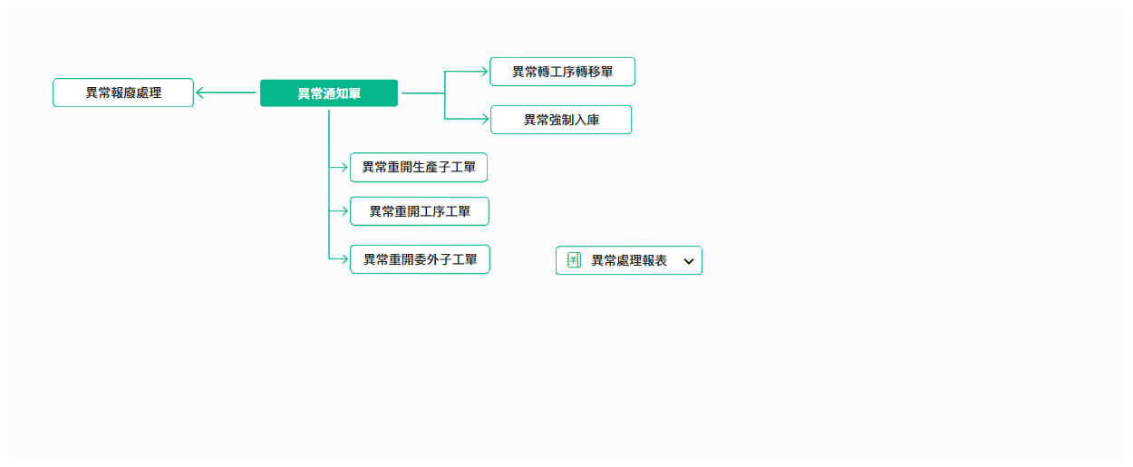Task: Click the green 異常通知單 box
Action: [329, 93]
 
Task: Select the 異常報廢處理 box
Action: [123, 92]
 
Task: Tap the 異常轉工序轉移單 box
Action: [563, 72]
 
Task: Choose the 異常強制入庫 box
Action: [561, 120]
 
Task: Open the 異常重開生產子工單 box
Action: [419, 168]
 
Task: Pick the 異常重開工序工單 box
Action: [420, 211]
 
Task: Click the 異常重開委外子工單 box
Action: [421, 259]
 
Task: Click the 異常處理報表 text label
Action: [629, 260]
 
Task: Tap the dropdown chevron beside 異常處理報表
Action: [688, 261]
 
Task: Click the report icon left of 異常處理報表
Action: [574, 260]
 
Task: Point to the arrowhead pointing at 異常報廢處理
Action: [199, 92]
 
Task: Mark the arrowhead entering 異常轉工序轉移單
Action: [484, 72]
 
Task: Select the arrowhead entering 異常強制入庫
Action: [485, 119]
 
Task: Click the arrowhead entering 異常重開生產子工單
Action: [344, 167]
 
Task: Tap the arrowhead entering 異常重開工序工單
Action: [344, 211]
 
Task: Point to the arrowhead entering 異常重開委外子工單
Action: [344, 259]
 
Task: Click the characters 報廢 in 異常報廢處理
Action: [123, 92]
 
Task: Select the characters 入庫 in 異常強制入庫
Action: [586, 120]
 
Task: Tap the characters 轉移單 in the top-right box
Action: [595, 72]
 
